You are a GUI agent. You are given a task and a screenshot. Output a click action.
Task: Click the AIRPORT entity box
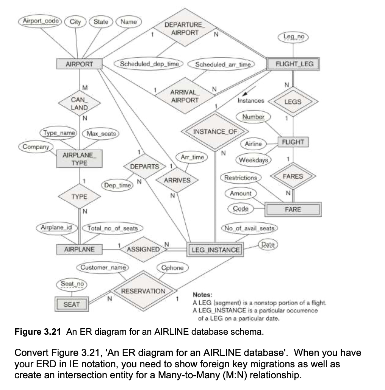click(x=79, y=64)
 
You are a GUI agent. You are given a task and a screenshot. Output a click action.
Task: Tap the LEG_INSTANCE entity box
click(x=216, y=250)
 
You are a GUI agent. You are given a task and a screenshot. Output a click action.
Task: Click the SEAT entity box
click(x=72, y=304)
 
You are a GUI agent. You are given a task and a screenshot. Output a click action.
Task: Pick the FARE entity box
click(x=293, y=209)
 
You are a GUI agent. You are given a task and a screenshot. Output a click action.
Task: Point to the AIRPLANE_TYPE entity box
click(x=80, y=159)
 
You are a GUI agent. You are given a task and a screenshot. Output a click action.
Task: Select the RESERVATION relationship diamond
click(x=143, y=291)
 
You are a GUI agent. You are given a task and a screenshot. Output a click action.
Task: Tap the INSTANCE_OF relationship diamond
click(x=215, y=131)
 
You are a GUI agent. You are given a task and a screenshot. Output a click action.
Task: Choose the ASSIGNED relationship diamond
click(x=143, y=249)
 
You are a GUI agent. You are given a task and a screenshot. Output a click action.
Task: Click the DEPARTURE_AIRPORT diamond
click(x=185, y=28)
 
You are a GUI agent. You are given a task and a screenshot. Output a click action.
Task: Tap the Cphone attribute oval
click(x=172, y=268)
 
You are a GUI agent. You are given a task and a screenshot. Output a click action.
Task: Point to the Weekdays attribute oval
click(x=253, y=160)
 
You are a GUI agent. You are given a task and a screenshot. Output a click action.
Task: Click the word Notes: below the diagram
click(x=202, y=295)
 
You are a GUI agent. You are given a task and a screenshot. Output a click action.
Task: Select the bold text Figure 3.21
click(x=38, y=332)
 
